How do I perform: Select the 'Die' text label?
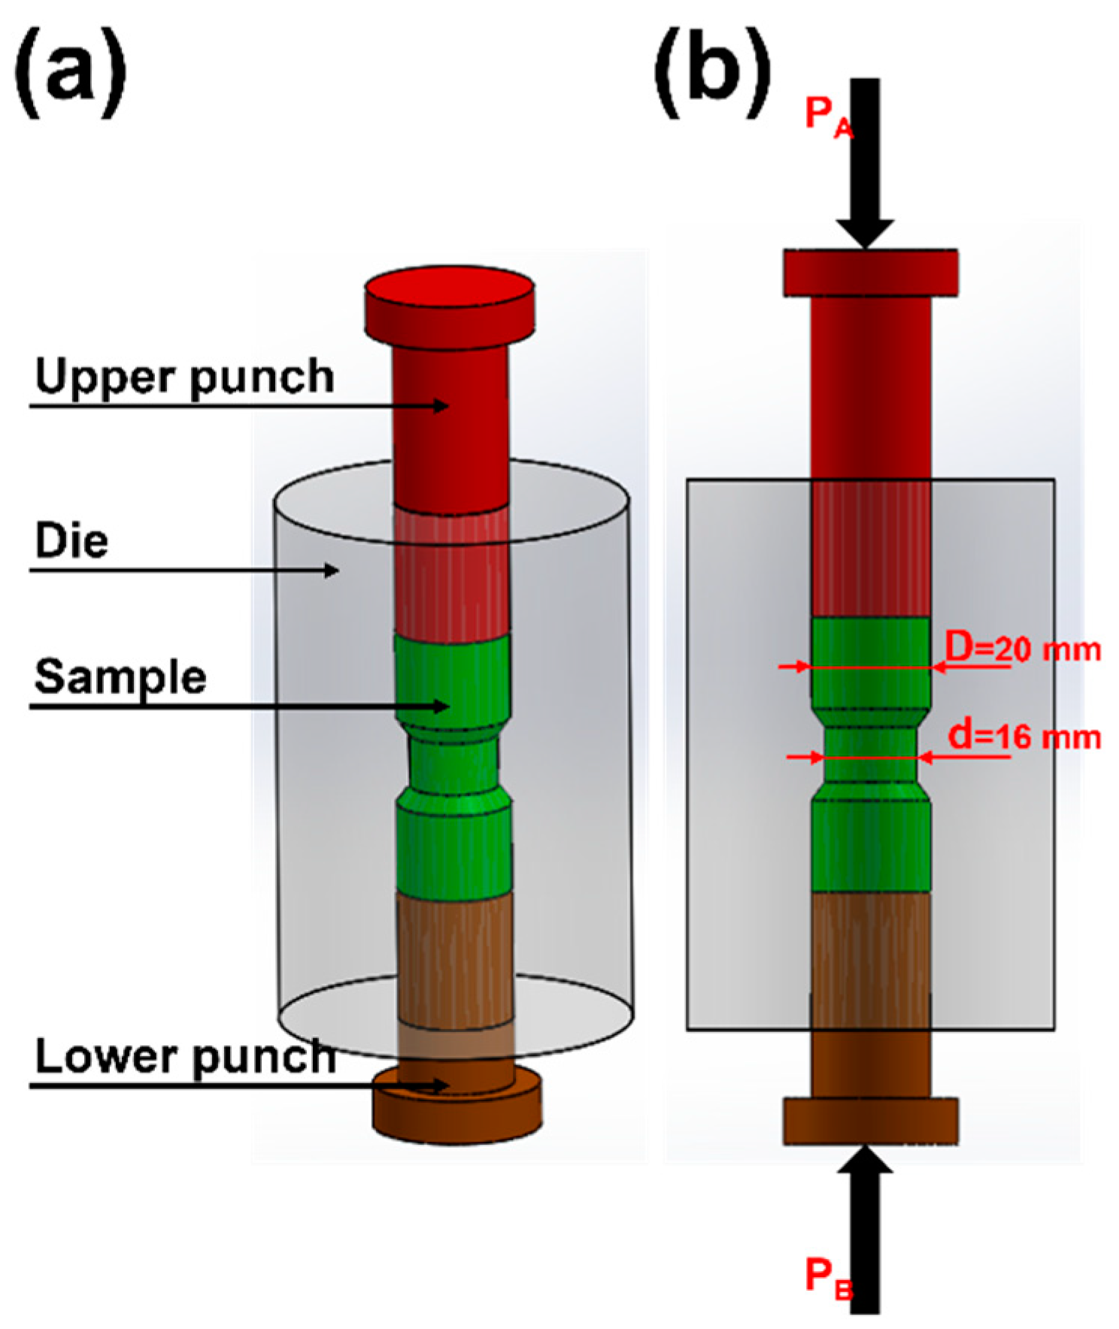click(71, 540)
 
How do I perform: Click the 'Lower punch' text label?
click(185, 1057)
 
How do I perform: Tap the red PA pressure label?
click(828, 117)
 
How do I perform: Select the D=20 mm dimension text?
click(1023, 648)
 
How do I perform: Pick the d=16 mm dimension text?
click(1024, 737)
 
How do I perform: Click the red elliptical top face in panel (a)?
click(450, 287)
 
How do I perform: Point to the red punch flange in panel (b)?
click(871, 272)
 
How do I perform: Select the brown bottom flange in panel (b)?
click(871, 1122)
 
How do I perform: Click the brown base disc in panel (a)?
click(457, 1111)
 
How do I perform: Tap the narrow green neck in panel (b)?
click(870, 755)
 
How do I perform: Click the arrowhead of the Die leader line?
click(332, 571)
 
